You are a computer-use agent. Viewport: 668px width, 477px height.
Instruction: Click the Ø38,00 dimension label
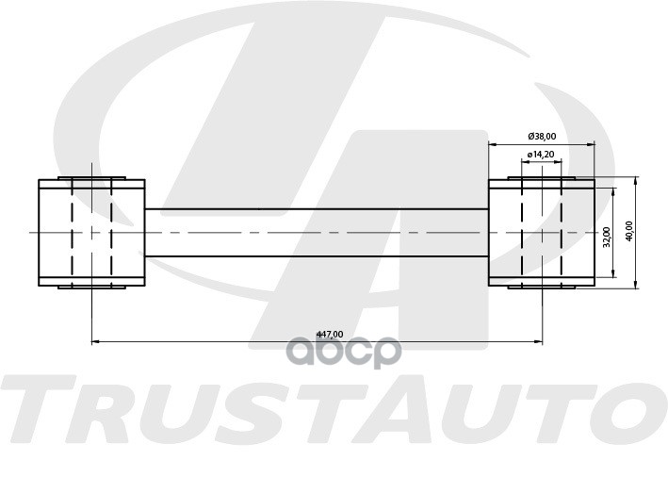[541, 135]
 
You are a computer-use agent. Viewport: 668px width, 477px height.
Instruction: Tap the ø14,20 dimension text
[541, 154]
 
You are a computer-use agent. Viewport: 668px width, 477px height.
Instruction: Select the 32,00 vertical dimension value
[604, 232]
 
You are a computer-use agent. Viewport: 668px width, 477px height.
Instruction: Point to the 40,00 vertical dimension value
[628, 231]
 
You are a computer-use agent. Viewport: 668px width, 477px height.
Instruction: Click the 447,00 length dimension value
[329, 334]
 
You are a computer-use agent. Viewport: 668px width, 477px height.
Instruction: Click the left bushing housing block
[91, 232]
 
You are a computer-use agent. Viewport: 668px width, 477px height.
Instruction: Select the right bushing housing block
[541, 232]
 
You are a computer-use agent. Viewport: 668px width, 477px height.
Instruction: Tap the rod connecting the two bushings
[316, 232]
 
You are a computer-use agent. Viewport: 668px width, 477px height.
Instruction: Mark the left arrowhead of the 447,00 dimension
[95, 340]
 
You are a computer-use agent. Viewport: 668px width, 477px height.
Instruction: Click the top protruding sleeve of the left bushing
[91, 177]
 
